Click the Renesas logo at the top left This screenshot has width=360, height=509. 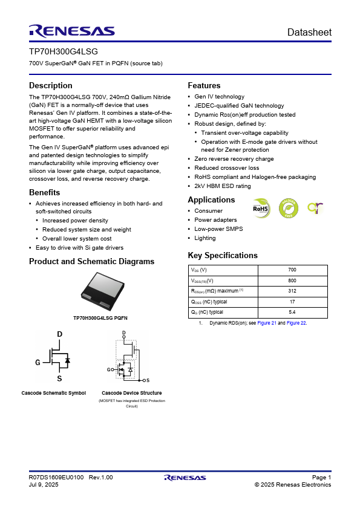pyautogui.click(x=71, y=31)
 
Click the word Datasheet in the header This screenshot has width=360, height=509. pyautogui.click(x=309, y=32)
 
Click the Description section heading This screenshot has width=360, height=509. pyautogui.click(x=51, y=85)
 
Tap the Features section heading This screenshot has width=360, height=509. pyautogui.click(x=204, y=85)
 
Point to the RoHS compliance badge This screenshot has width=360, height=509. pyautogui.click(x=260, y=209)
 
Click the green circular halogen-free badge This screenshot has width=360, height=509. pyautogui.click(x=288, y=209)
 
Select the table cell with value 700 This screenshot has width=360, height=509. pyautogui.click(x=292, y=270)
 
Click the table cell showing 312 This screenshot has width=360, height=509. pyautogui.click(x=292, y=291)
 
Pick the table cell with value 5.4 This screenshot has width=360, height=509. pyautogui.click(x=292, y=312)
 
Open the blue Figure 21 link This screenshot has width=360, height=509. pyautogui.click(x=267, y=323)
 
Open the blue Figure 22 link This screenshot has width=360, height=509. pyautogui.click(x=296, y=323)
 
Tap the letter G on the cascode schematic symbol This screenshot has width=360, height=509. pyautogui.click(x=38, y=362)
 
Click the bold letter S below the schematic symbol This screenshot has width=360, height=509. pyautogui.click(x=59, y=378)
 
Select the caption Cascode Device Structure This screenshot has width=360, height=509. pyautogui.click(x=131, y=393)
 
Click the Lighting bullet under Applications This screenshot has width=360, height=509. pyautogui.click(x=205, y=238)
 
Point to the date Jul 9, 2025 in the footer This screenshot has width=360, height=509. pyautogui.click(x=44, y=485)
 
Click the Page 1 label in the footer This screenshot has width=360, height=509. pyautogui.click(x=321, y=478)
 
